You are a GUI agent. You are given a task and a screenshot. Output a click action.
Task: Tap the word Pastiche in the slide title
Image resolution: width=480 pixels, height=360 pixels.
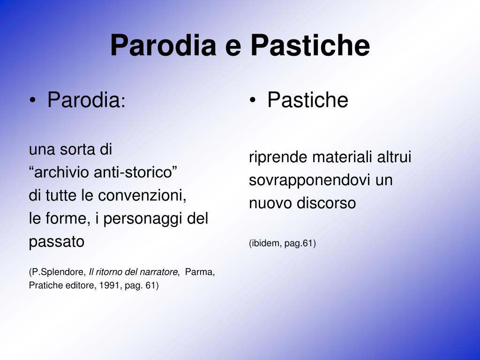click(x=310, y=46)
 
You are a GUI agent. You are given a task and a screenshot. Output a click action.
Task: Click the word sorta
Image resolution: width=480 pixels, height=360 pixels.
click(x=77, y=150)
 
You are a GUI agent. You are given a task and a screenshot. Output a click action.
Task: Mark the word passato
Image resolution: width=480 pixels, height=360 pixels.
click(x=57, y=242)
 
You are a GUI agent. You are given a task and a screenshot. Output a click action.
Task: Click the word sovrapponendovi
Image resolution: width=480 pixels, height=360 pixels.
click(x=310, y=180)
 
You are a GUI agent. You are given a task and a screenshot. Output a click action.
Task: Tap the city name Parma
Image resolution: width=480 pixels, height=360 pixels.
click(x=199, y=272)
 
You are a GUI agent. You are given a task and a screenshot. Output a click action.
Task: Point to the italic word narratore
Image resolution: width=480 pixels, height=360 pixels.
click(x=161, y=272)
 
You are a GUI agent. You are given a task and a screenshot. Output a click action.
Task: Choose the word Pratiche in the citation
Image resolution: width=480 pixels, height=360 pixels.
click(x=45, y=285)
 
